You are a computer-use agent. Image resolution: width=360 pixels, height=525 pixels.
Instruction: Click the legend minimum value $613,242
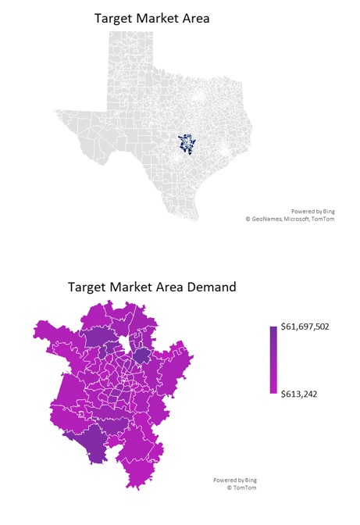pos(300,395)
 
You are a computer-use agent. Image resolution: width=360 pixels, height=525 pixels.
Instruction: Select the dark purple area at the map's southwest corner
pos(93,443)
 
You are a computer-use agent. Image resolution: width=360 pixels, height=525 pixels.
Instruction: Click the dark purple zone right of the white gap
pos(141,356)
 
